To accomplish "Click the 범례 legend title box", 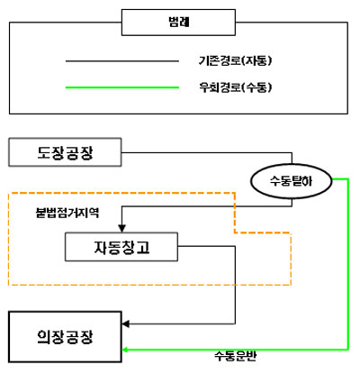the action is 178,23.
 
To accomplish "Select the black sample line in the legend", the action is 122,61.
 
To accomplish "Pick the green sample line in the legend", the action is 122,87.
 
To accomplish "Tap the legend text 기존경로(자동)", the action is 235,61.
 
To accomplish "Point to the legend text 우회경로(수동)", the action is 235,87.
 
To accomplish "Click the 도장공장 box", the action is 65,152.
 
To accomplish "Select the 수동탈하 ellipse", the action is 291,181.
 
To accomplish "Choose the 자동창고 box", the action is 121,247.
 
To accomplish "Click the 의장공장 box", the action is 65,337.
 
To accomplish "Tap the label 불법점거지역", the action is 67,213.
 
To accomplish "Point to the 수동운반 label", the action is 236,356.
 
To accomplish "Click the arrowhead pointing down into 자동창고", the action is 121,228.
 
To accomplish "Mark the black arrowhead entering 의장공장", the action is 126,324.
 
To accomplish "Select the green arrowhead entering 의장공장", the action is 125,350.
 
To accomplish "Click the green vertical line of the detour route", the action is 348,264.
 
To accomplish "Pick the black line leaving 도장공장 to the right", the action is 207,153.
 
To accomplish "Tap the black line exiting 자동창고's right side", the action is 235,285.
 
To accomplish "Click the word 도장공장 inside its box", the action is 65,152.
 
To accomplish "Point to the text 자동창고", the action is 121,247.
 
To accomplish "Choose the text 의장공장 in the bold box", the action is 65,337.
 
